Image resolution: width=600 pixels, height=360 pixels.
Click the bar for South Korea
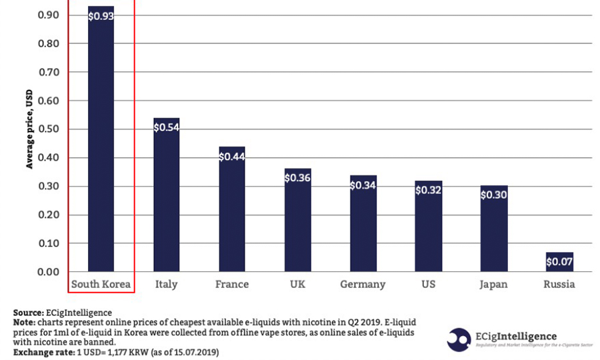pos(101,147)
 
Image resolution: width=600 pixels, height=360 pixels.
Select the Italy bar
pos(167,200)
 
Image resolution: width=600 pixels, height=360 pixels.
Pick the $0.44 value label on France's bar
pos(232,157)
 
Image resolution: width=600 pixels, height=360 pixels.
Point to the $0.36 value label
pos(297,178)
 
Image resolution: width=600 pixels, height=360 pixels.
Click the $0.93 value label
pos(101,16)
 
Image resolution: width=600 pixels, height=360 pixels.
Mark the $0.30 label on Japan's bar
pos(494,195)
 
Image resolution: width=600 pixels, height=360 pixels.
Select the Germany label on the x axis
pos(363,285)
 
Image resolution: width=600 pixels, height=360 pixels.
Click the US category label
pos(429,285)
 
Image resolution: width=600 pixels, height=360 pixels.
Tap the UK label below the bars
pos(297,285)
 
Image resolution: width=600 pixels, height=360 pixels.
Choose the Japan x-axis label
pos(493,285)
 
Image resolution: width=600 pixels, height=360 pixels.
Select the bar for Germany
pos(363,227)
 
